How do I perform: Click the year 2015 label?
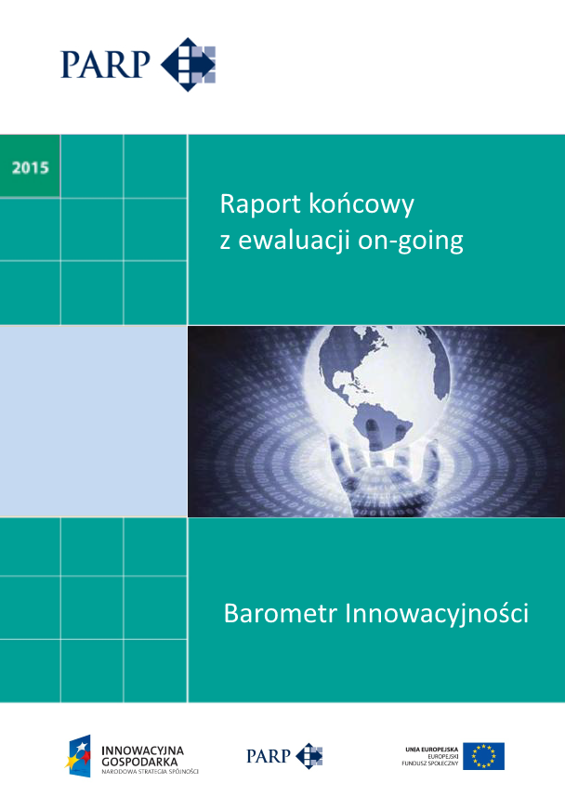pyautogui.click(x=31, y=168)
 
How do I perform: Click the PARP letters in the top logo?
pyautogui.click(x=105, y=64)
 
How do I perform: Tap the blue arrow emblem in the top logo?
pyautogui.click(x=189, y=64)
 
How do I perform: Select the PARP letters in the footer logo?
pyautogui.click(x=269, y=756)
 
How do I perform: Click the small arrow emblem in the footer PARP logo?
pyautogui.click(x=309, y=756)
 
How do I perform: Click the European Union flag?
pyautogui.click(x=483, y=756)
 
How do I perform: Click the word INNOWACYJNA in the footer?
pyautogui.click(x=141, y=749)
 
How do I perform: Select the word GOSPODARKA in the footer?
pyautogui.click(x=138, y=760)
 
